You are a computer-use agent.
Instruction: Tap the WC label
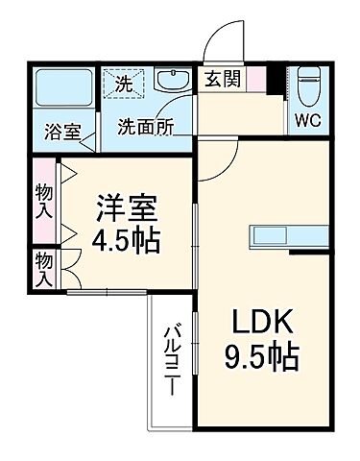click(308, 121)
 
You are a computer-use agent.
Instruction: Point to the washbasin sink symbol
click(173, 84)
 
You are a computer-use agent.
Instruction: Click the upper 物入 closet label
click(43, 199)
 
